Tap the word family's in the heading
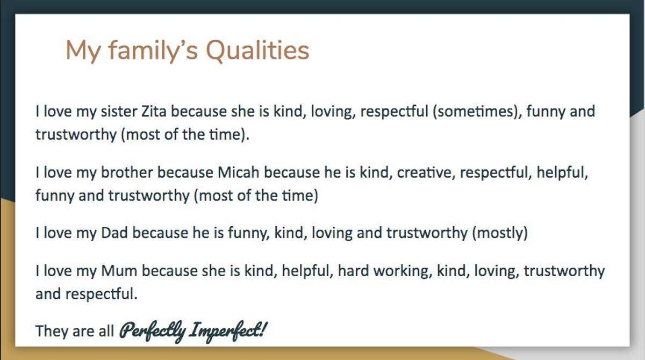(153, 51)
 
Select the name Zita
(154, 111)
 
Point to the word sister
(119, 111)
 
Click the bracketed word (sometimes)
(477, 112)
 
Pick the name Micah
(239, 172)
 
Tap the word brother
(127, 172)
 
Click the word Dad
(114, 233)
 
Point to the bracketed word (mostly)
(500, 233)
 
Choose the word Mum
(119, 271)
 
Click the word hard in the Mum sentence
(353, 271)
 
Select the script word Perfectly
(153, 332)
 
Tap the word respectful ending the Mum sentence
(102, 294)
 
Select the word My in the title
(83, 51)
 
